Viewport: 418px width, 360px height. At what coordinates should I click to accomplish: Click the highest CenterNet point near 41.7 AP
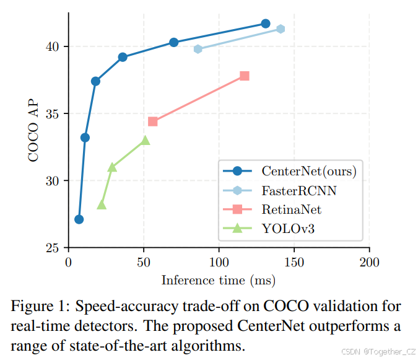point(266,24)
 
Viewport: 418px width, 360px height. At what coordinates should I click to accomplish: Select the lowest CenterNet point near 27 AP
point(79,219)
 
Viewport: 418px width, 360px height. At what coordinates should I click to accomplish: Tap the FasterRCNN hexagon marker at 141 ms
point(281,29)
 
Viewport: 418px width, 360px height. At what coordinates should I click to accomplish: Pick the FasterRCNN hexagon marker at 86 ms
point(198,49)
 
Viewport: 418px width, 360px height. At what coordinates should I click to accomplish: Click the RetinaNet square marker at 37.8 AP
point(245,76)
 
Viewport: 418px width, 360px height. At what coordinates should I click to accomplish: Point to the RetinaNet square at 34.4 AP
point(153,121)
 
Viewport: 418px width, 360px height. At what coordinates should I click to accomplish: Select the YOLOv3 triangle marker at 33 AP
point(146,140)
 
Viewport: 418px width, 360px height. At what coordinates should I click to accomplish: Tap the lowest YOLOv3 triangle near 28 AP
point(102,204)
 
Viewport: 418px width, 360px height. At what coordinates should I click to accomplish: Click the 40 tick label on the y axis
point(53,46)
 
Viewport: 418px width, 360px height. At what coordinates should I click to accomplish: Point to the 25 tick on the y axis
point(53,248)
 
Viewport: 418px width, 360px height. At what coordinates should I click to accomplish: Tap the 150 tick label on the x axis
point(294,261)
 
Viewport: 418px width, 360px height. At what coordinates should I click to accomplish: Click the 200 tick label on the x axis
point(369,261)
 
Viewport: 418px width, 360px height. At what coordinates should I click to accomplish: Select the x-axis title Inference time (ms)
point(219,280)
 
